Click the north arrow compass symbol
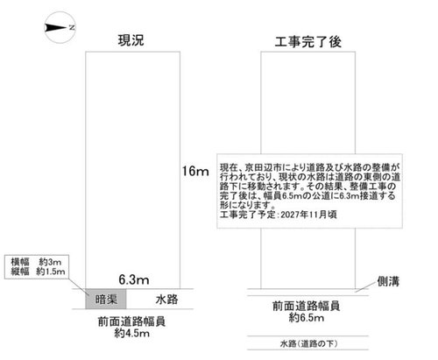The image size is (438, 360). [x=60, y=28]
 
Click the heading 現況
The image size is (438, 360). [x=131, y=40]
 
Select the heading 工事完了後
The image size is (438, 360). [x=308, y=42]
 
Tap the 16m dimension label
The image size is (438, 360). [x=195, y=171]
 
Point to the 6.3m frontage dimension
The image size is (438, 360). [x=134, y=279]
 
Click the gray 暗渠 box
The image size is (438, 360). [x=106, y=299]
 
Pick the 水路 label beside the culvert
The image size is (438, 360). [x=166, y=300]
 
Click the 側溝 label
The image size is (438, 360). [x=388, y=281]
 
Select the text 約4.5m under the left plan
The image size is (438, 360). [x=132, y=333]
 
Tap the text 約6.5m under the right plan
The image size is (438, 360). [x=307, y=317]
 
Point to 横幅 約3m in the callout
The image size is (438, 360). [x=36, y=262]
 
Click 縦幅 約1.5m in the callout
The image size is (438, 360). [x=38, y=272]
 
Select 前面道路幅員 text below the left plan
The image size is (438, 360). [x=131, y=321]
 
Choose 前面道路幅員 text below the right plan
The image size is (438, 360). [x=307, y=306]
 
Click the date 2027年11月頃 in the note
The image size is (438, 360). [x=309, y=215]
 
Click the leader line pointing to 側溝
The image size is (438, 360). [x=365, y=287]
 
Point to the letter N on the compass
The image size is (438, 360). [x=72, y=28]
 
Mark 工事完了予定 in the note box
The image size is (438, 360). [x=248, y=215]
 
